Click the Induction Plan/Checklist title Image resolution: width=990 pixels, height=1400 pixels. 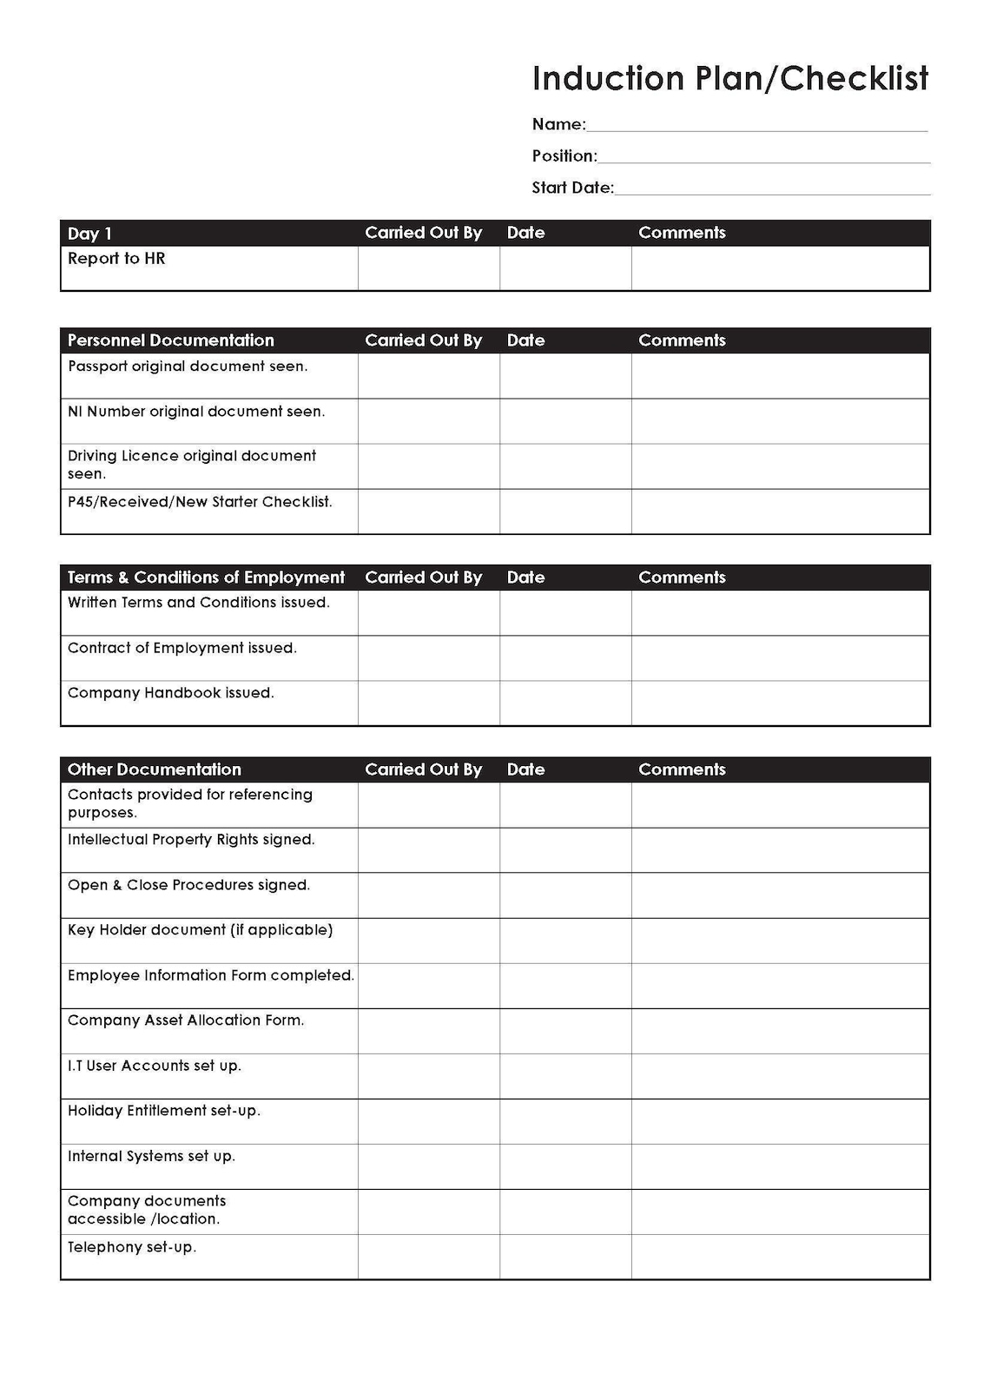point(729,79)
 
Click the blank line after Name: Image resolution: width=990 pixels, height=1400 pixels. point(756,125)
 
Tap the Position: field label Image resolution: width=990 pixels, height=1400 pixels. point(564,156)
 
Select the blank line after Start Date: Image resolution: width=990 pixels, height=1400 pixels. point(772,188)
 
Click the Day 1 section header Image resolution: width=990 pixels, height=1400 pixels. point(89,234)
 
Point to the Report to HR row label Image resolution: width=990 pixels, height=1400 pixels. point(116,259)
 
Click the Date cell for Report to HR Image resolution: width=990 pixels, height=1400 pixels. point(565,267)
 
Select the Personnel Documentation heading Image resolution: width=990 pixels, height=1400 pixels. point(170,340)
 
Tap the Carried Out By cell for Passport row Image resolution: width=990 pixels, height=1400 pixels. point(428,375)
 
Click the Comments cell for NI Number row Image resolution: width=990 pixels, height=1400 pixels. point(780,421)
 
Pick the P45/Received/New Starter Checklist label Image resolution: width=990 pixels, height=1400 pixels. point(200,502)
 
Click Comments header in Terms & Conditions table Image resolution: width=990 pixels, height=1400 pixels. point(682,578)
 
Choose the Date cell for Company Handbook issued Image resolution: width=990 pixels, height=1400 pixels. point(565,703)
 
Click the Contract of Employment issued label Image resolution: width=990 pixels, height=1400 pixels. point(181,648)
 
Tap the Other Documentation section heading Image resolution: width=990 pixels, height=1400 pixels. point(155,769)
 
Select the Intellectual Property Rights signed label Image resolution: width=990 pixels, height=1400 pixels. point(191,840)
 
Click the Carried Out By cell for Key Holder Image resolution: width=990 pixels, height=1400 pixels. point(428,941)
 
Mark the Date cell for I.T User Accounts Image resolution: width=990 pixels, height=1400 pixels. point(565,1076)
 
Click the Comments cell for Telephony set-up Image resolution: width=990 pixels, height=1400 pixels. point(780,1257)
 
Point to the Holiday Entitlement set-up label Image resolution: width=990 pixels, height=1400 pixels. point(163,1111)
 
